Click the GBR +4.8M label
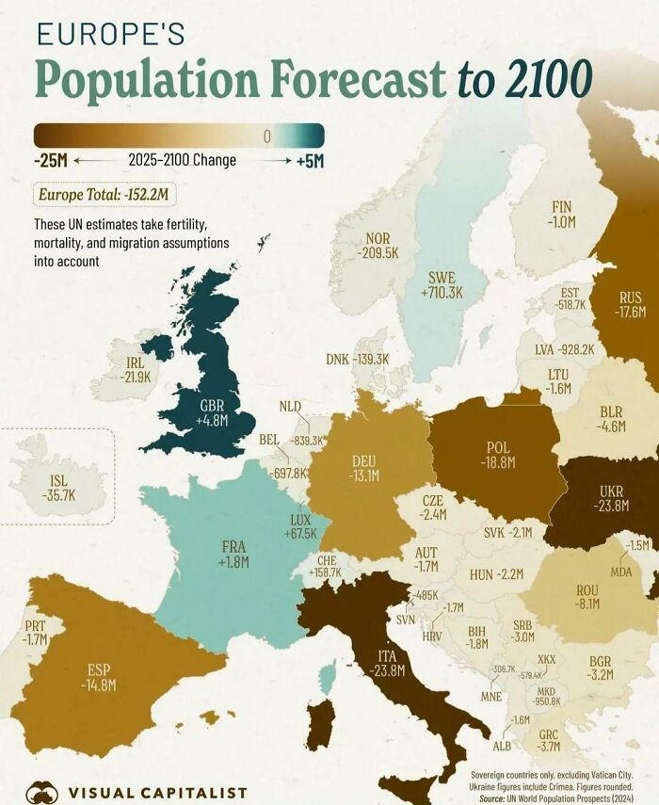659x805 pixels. pos(214,412)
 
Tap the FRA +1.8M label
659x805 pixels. pos(234,554)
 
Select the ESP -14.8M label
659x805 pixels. pos(99,677)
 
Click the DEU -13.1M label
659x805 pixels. pos(364,468)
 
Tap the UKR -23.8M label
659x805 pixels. pos(611,498)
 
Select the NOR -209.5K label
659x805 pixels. pos(378,246)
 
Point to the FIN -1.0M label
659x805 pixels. pos(562,214)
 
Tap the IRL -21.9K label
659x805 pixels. pos(136,368)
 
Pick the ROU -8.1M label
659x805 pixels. pos(587,596)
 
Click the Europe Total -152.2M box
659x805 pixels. pos(106,195)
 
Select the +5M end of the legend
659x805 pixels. pos(310,161)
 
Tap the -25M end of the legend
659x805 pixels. pos(50,161)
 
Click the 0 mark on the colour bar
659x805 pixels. pos(266,137)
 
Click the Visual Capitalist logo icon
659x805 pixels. pos(42,792)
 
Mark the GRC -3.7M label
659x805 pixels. pos(550,740)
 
